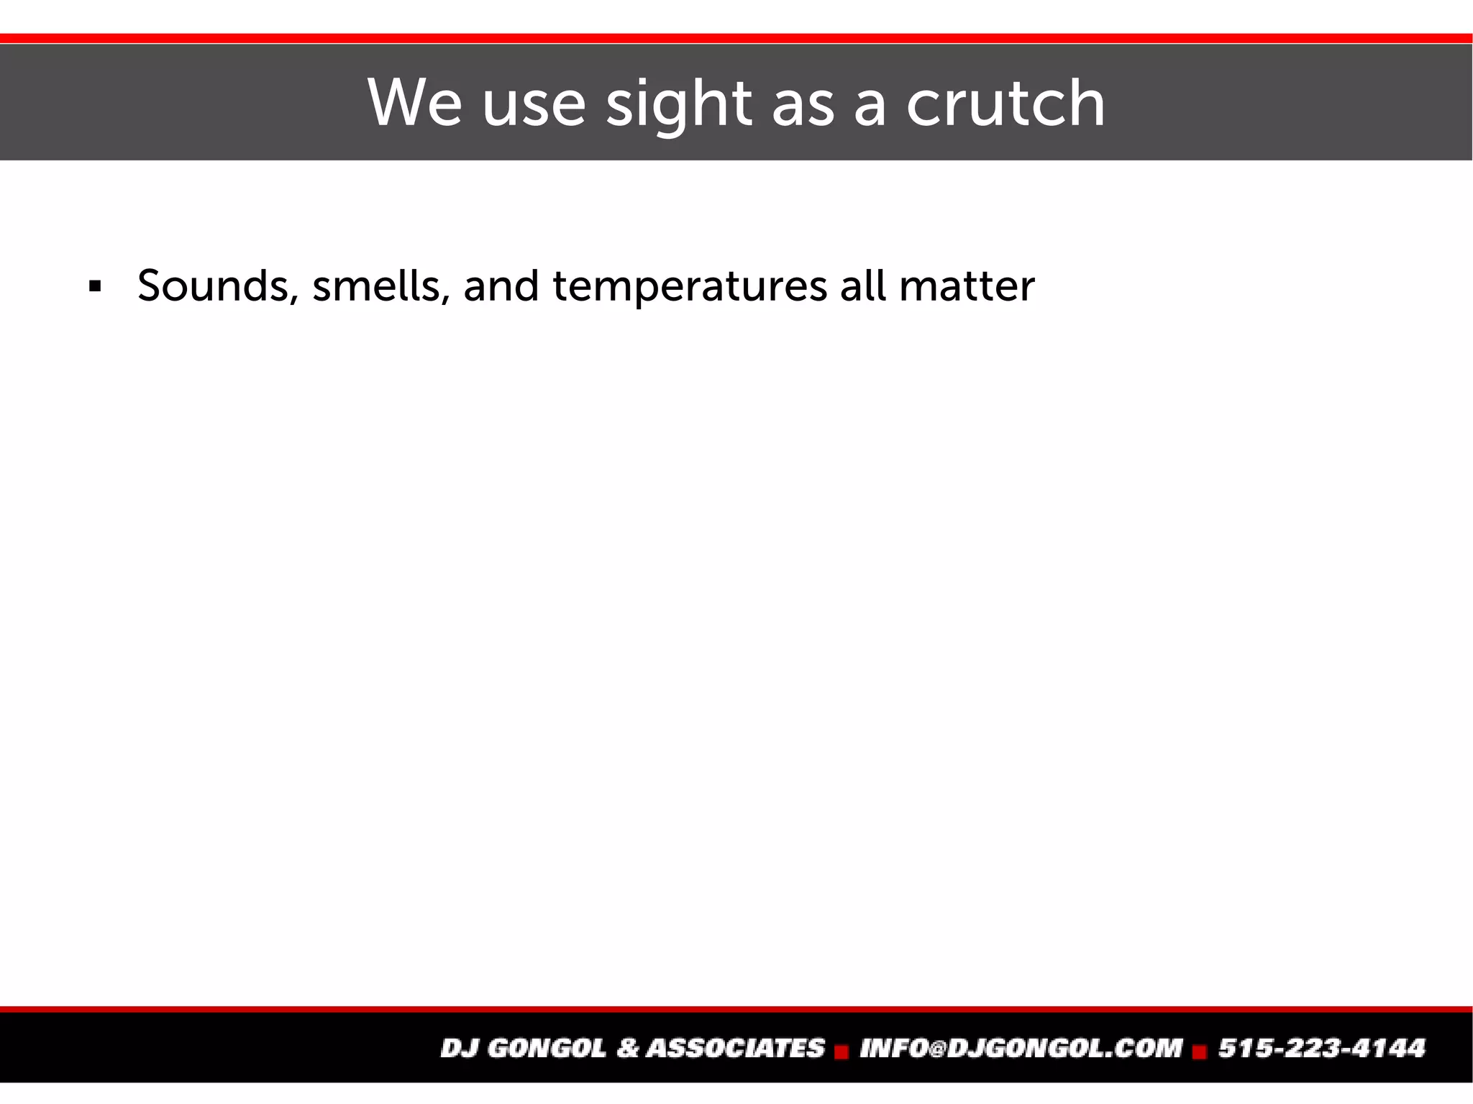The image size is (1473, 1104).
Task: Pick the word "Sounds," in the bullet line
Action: pyautogui.click(x=218, y=286)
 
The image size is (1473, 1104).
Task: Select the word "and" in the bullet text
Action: pyautogui.click(x=501, y=286)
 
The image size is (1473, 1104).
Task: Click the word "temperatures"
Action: pyautogui.click(x=690, y=287)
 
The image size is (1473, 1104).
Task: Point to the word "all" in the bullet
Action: pyautogui.click(x=862, y=286)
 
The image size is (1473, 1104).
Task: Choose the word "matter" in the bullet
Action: pyautogui.click(x=967, y=286)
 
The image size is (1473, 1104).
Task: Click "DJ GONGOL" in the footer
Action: pyautogui.click(x=524, y=1048)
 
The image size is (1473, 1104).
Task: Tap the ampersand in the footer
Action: pyautogui.click(x=628, y=1048)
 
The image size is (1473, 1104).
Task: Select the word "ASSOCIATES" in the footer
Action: pyautogui.click(x=736, y=1048)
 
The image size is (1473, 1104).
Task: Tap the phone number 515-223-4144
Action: pyautogui.click(x=1322, y=1048)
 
